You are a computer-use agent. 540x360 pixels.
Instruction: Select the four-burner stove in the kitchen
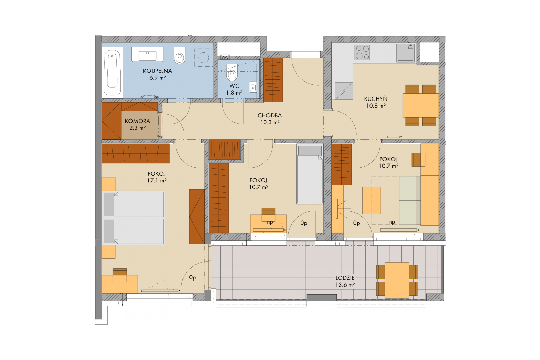click(362, 53)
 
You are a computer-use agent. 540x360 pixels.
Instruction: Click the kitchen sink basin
click(406, 54)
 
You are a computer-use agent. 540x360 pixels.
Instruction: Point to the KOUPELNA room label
click(157, 71)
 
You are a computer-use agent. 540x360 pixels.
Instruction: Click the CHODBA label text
click(270, 116)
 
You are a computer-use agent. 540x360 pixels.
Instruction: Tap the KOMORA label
click(137, 121)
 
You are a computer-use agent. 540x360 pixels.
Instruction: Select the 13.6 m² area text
click(345, 285)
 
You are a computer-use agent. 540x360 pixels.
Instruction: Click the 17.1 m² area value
click(157, 181)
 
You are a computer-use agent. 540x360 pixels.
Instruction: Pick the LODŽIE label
click(345, 278)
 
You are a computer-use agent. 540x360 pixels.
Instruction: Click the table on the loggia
click(397, 280)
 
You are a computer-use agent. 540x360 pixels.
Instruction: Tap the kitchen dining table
click(420, 105)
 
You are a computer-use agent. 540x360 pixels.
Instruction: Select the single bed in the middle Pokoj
click(310, 174)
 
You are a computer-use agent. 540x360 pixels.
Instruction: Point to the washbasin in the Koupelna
click(147, 54)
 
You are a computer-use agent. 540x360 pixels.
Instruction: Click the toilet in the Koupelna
click(180, 55)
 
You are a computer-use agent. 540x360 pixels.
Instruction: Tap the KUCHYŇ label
click(375, 99)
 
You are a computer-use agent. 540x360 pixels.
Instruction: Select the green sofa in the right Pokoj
click(410, 200)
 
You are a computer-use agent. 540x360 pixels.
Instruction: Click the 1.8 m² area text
click(234, 93)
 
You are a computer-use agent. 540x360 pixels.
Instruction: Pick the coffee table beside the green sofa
click(372, 200)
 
